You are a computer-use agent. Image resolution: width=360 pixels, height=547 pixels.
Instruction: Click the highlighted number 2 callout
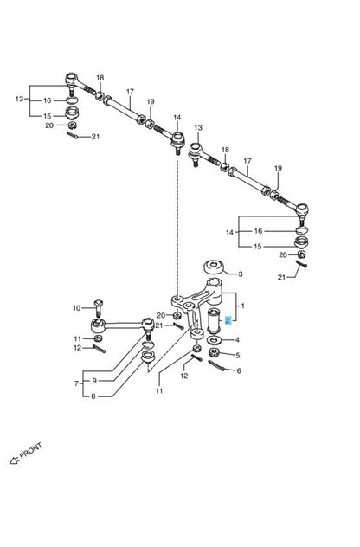228,320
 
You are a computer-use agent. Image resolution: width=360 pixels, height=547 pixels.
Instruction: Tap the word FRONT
31,451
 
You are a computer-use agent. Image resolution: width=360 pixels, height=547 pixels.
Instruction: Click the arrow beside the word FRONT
14,460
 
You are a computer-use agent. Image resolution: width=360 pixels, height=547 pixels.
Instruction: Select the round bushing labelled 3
214,267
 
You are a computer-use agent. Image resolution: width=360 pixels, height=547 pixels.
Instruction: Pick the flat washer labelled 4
214,339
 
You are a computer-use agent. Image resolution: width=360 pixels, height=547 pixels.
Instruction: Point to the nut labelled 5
214,352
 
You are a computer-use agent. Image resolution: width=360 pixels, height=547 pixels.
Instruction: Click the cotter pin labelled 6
216,366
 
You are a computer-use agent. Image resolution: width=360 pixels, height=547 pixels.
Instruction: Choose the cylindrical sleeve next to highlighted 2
214,320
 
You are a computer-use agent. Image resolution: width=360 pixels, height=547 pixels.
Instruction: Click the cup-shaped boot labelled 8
148,357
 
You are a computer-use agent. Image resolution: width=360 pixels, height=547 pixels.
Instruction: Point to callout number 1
243,306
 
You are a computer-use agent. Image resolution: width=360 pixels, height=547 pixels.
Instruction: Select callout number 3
240,274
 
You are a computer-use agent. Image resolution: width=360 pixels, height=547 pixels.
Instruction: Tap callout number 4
237,340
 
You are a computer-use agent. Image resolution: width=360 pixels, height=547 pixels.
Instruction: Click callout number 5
238,356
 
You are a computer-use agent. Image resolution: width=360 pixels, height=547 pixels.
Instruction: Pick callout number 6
239,370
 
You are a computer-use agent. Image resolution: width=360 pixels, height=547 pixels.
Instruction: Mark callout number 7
76,383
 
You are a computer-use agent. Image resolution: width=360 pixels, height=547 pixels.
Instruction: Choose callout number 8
93,396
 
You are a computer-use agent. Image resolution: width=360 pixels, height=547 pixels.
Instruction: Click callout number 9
94,381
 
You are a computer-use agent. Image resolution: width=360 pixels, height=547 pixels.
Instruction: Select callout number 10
77,308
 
